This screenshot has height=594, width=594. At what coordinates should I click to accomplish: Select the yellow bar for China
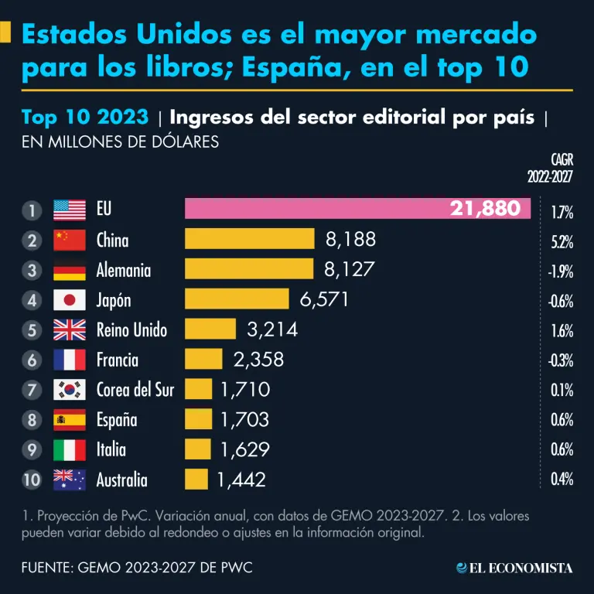[x=249, y=240]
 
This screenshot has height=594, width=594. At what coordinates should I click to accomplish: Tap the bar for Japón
[x=237, y=299]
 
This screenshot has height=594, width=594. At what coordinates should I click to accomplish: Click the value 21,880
[x=485, y=209]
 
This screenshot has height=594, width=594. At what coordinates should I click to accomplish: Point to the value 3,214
[x=271, y=329]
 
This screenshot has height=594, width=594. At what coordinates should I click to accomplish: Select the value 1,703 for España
[x=244, y=420]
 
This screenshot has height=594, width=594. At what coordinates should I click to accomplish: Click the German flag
[x=70, y=270]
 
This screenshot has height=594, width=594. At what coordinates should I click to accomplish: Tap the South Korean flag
[x=70, y=390]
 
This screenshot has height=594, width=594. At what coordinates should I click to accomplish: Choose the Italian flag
[x=70, y=449]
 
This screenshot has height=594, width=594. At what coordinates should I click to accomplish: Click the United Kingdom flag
[x=70, y=330]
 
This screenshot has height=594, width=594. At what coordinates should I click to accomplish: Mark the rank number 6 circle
[x=32, y=360]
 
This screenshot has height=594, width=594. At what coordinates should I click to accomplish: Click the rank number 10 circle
[x=32, y=480]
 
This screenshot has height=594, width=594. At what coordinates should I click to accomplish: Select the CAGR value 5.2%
[x=561, y=241]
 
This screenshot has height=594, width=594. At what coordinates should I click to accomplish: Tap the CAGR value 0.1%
[x=561, y=391]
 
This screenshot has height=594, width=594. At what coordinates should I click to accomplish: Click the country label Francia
[x=118, y=360]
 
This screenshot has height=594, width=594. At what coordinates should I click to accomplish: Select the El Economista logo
[x=514, y=568]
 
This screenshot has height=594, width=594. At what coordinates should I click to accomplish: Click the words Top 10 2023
[x=85, y=118]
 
